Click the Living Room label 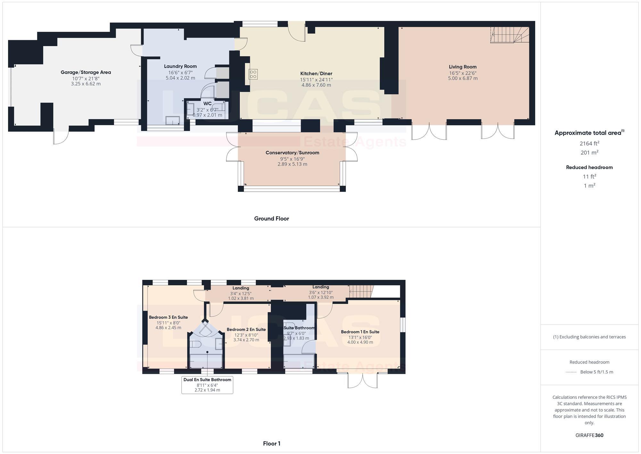coord(462,67)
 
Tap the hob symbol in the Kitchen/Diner coord(253,74)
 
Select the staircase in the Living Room coord(510,35)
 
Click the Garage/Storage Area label coord(86,72)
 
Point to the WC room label coord(207,103)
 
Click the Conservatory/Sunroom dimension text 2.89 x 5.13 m coord(292,164)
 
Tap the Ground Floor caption coord(271,218)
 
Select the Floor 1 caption coord(271,443)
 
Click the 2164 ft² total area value coord(589,143)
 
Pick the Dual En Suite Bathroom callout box coord(207,385)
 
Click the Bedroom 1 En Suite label coord(360,332)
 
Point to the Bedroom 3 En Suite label coord(168,317)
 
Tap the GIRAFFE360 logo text coord(589,435)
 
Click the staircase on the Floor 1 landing coord(361,292)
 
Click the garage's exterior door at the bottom coord(61,137)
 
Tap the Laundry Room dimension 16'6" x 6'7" coord(180,72)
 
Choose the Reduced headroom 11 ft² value coord(589,176)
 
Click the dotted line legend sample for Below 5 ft coord(571,372)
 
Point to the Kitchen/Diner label coord(316,73)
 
